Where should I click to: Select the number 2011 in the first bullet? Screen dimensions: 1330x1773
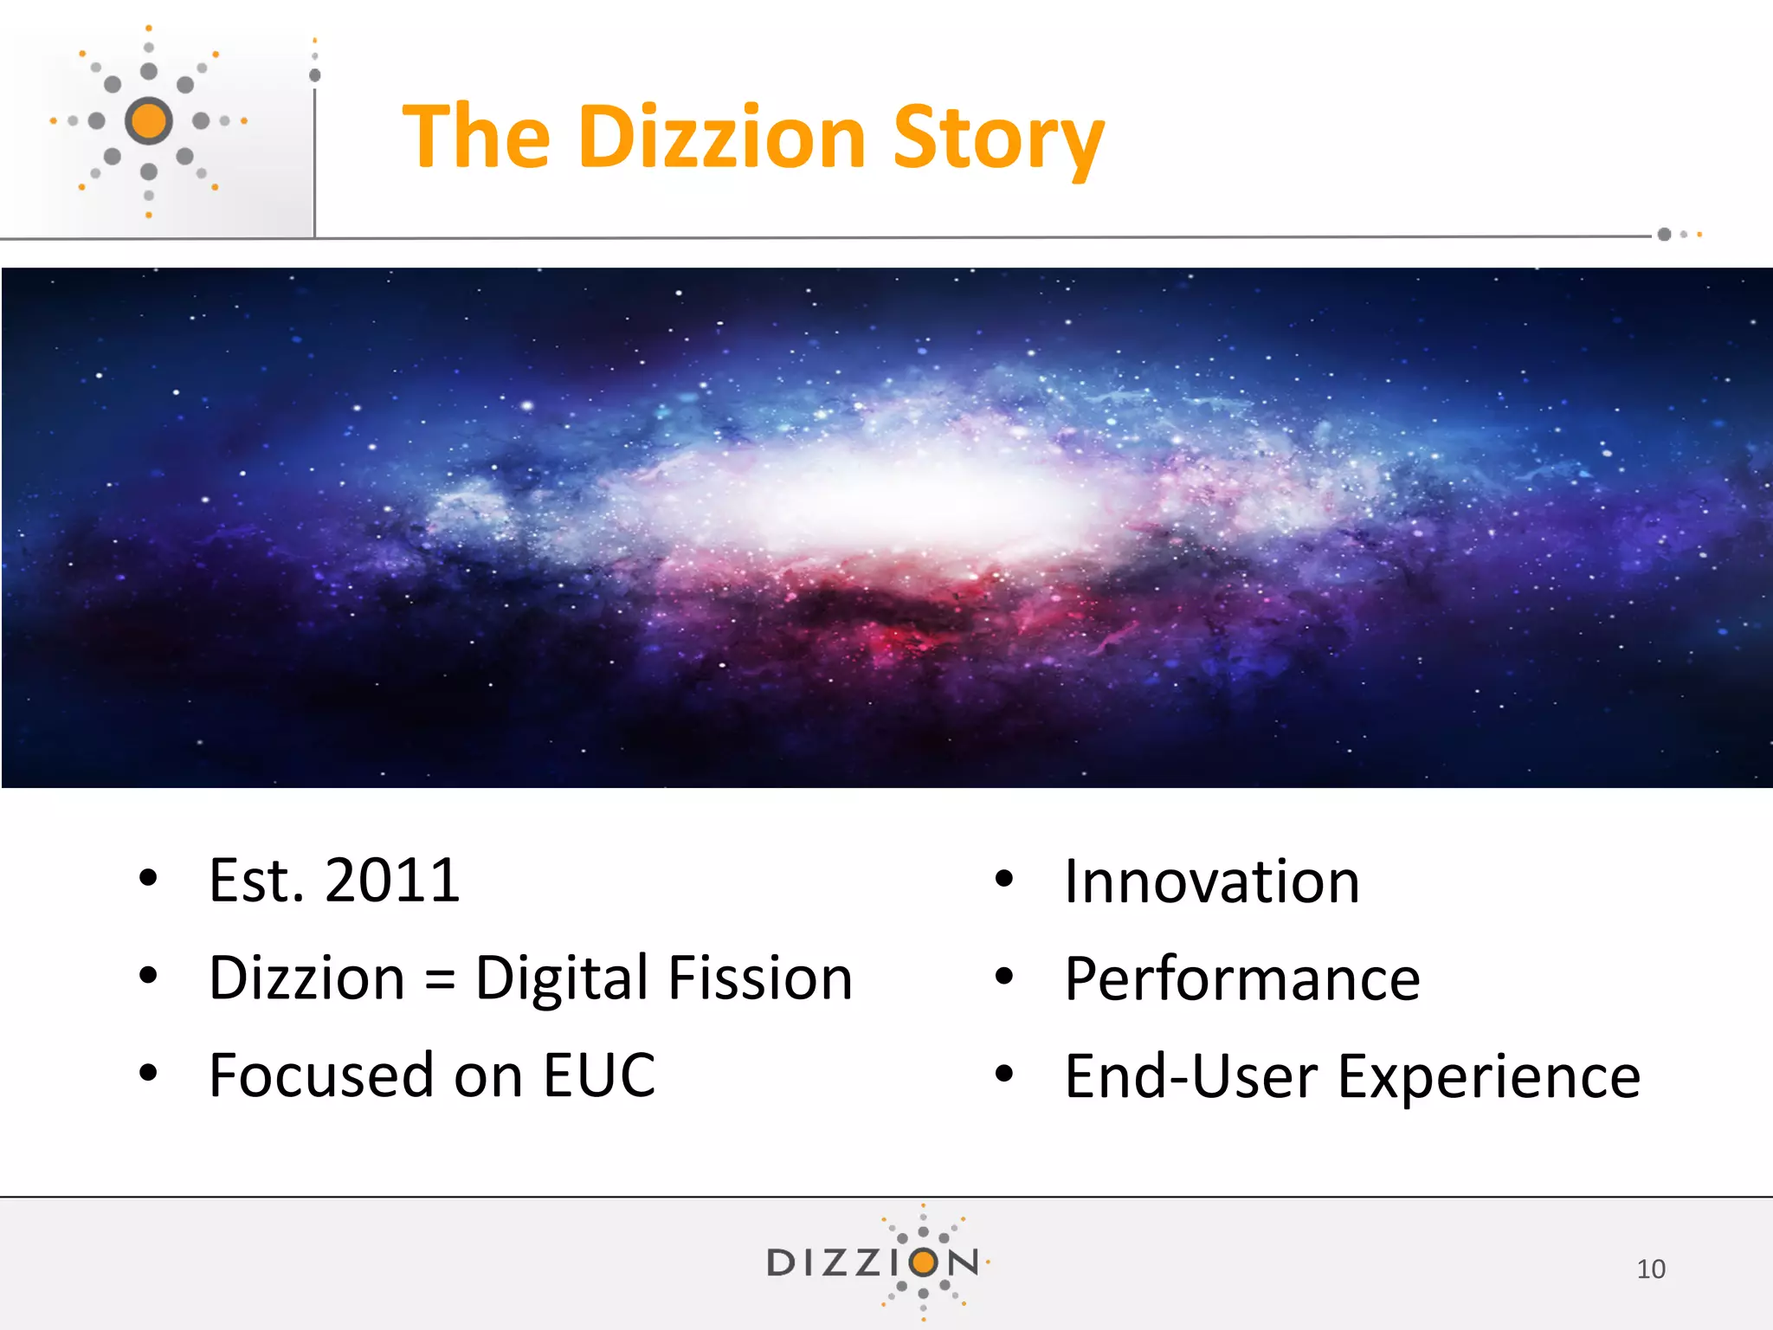click(x=392, y=881)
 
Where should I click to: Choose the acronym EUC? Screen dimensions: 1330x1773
click(x=599, y=1075)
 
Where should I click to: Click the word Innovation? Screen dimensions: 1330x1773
click(x=1211, y=882)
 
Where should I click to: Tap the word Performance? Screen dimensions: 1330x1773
click(x=1241, y=979)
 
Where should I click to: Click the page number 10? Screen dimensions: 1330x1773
click(x=1650, y=1269)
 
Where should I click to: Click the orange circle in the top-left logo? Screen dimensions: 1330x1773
click(x=149, y=120)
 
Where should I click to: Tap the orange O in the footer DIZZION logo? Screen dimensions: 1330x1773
click(x=924, y=1262)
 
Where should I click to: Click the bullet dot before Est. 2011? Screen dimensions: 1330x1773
click(x=149, y=879)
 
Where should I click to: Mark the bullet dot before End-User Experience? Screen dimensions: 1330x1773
click(x=1003, y=1075)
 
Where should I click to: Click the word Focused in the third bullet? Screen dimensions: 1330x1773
click(x=322, y=1075)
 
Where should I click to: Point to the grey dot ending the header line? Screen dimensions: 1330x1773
click(x=1663, y=235)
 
